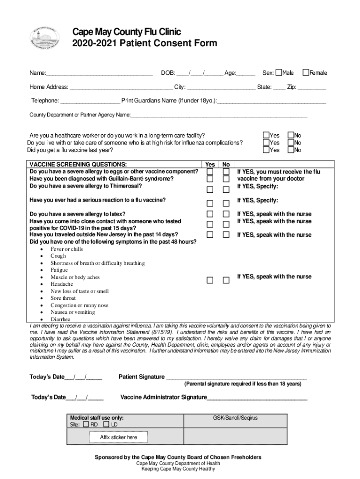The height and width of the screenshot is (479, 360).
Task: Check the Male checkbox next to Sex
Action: click(x=279, y=73)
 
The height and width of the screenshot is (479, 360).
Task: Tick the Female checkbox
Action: click(x=306, y=73)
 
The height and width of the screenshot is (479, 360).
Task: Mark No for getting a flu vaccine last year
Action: click(x=290, y=150)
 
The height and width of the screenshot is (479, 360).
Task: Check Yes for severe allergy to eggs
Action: click(x=210, y=172)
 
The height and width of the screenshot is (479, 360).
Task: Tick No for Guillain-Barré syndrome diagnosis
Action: click(x=226, y=179)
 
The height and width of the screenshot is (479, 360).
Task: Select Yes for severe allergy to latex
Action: click(x=210, y=214)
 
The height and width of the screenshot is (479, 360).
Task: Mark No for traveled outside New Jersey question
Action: click(x=226, y=234)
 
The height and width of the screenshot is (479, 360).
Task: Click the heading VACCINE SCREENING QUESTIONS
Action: click(x=78, y=165)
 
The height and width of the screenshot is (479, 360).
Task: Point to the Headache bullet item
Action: click(x=62, y=284)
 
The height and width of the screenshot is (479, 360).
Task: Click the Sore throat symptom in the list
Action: click(x=63, y=298)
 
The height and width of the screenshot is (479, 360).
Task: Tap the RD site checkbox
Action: click(x=85, y=424)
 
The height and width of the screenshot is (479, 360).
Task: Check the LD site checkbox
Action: click(x=106, y=424)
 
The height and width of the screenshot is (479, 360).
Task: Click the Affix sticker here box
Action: click(x=118, y=437)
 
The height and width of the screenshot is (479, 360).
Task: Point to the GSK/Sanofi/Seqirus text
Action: click(x=235, y=418)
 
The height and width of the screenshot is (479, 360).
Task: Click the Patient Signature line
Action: click(x=237, y=377)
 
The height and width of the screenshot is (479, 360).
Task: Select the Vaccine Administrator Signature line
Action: click(x=257, y=398)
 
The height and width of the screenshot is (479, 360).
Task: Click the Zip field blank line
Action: click(x=312, y=87)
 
